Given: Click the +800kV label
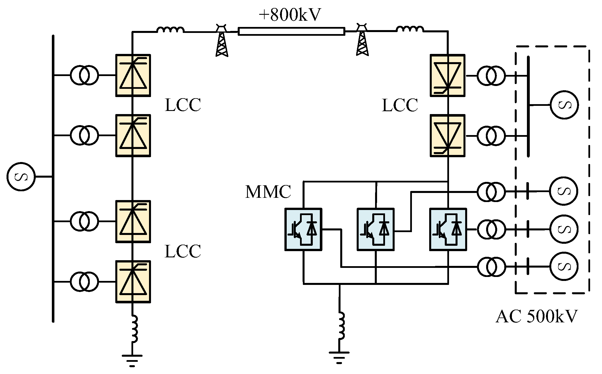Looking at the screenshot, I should pos(290,15).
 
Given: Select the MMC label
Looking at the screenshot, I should pos(268,192).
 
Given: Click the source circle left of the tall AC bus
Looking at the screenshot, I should pos(21,177).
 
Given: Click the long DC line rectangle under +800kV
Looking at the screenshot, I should pos(291,31).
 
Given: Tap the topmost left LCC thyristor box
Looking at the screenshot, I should pos(133,75).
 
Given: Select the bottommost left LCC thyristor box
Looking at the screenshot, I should pos(133,282).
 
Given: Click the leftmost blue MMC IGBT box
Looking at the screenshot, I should pos(303,230).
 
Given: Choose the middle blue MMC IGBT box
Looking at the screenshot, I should pos(375,230).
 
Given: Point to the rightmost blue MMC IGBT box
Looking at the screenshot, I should pos(448,230).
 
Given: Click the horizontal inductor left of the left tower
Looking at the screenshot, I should pos(170,30).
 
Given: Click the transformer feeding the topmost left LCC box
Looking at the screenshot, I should pos(84,75).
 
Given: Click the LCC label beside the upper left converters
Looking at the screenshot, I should pos(183,105).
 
